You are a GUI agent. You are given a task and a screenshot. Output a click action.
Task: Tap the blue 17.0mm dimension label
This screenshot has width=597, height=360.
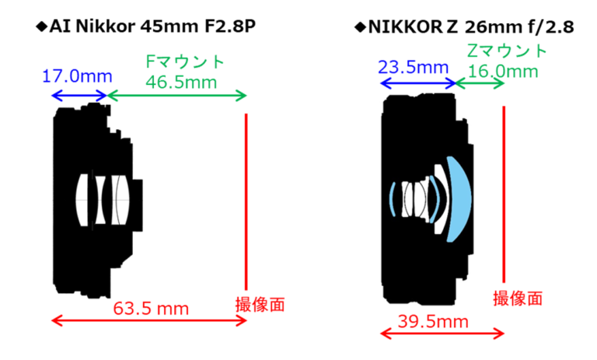coord(77,76)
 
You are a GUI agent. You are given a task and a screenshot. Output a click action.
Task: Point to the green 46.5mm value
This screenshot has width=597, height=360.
coord(181,82)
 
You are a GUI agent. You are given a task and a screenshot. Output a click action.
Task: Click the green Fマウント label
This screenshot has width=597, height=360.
coord(185,61)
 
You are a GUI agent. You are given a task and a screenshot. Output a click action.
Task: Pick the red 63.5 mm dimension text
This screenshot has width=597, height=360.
coord(151,308)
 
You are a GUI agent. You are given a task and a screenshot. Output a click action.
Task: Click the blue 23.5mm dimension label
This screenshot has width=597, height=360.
coord(413,68)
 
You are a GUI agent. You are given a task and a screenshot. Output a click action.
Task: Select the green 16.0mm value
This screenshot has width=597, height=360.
coord(503,72)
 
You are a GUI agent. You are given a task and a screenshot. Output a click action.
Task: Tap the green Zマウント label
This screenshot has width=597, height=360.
coord(507,51)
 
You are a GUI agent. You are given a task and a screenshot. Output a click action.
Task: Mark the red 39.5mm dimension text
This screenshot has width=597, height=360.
coord(433,322)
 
